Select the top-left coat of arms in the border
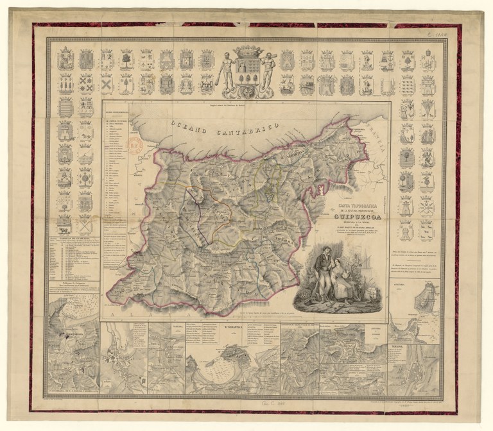(x=65, y=60)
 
